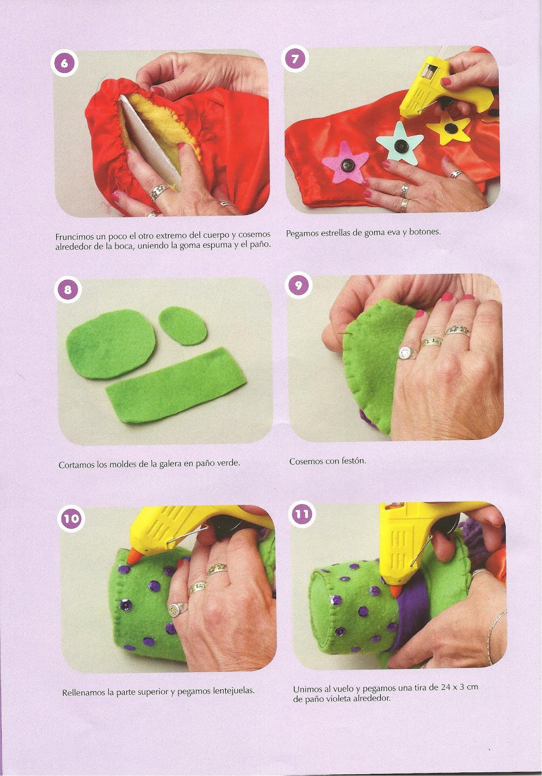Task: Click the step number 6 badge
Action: tap(64, 64)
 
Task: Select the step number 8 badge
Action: tap(67, 289)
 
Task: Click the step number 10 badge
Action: tap(71, 518)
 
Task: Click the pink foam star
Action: tap(344, 162)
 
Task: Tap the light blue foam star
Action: tap(399, 141)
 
